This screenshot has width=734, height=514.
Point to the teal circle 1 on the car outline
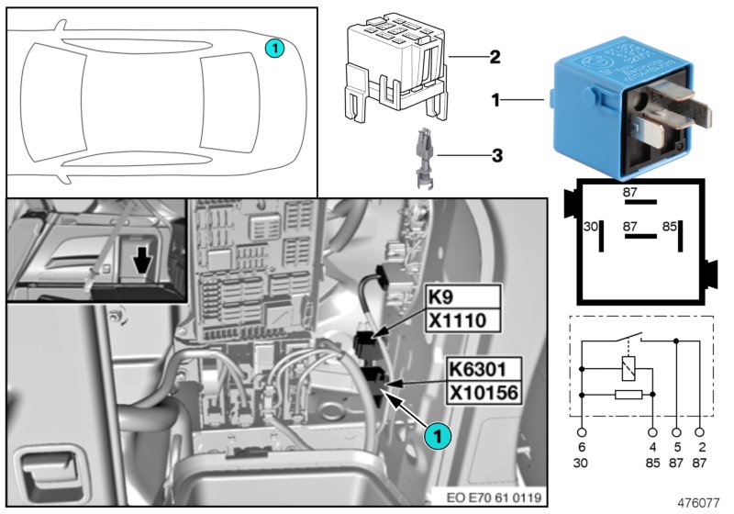[x=276, y=47]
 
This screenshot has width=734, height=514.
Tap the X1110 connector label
[x=462, y=319]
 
